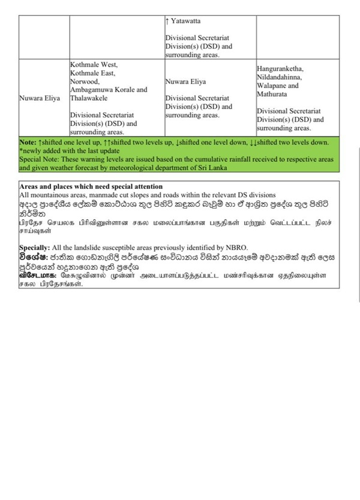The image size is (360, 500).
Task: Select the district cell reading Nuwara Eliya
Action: [40, 98]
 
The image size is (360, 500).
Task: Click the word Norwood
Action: [84, 81]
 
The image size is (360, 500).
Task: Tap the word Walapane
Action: [272, 86]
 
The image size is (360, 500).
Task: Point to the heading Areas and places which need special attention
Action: [86, 187]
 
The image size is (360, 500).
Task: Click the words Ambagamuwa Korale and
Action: [108, 89]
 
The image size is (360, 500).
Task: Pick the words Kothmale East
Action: [92, 73]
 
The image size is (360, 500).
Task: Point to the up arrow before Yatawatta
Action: [167, 21]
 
